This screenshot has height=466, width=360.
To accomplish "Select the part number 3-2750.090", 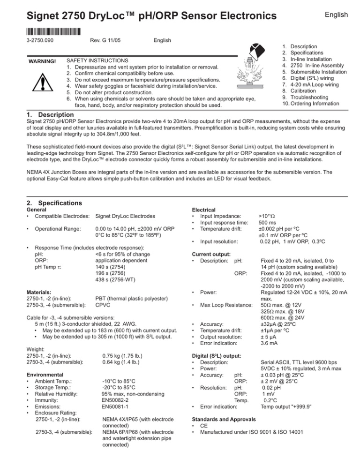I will click(x=25, y=41).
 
